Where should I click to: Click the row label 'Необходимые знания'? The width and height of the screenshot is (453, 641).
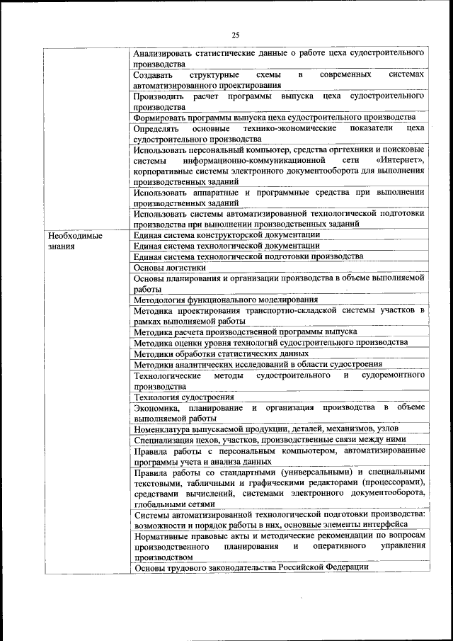(74, 241)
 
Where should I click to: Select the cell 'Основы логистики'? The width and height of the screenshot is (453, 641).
(170, 268)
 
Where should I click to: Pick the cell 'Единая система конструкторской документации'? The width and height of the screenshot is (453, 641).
(226, 234)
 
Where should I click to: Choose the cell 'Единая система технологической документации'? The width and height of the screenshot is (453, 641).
(226, 245)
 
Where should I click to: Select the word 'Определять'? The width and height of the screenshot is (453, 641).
(156, 128)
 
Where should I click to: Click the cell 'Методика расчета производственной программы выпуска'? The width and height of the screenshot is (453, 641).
(245, 331)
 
